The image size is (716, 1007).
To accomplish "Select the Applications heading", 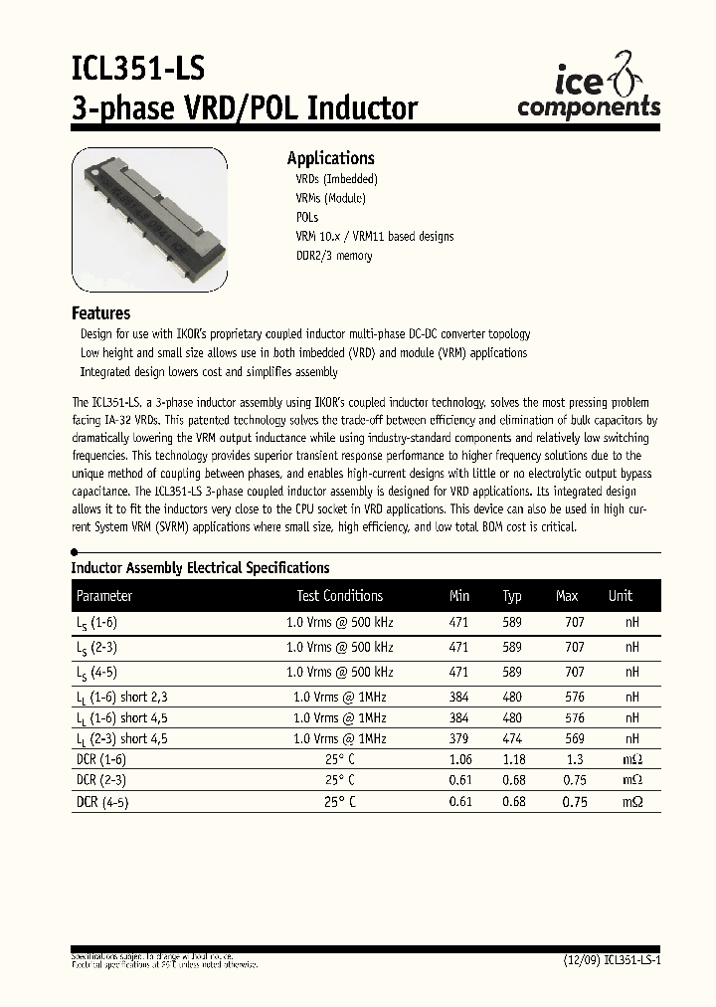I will tap(330, 158).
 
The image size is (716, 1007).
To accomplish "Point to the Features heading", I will tap(100, 312).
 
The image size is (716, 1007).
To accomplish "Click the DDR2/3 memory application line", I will tap(334, 256).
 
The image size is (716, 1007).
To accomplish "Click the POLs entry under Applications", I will tap(306, 217).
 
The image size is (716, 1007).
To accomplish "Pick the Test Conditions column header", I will tap(339, 596).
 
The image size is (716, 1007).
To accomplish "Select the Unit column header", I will tap(621, 596).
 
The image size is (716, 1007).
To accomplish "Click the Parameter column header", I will tap(104, 596).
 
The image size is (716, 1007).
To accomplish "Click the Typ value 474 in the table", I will tap(512, 739).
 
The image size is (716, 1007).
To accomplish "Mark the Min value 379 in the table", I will tap(458, 739).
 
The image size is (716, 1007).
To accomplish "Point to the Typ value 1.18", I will tap(513, 760).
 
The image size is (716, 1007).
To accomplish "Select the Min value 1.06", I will tap(459, 760).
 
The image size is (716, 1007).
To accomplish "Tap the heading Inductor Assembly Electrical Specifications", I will tap(200, 568).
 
